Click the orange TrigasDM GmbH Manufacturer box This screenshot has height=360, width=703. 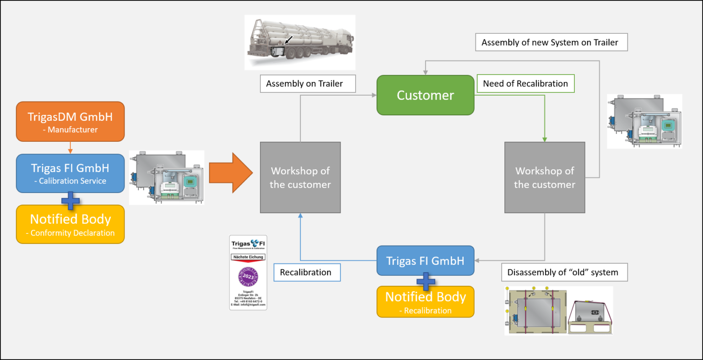pyautogui.click(x=70, y=122)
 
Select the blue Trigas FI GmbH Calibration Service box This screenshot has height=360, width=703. pyautogui.click(x=70, y=173)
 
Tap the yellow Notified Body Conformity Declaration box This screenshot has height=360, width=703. pyautogui.click(x=70, y=224)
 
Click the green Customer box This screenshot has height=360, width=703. pyautogui.click(x=425, y=95)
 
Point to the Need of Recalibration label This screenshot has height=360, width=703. pyautogui.click(x=525, y=84)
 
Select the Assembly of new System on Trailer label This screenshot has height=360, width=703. pyautogui.click(x=551, y=43)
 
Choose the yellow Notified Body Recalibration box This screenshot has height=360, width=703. pyautogui.click(x=425, y=302)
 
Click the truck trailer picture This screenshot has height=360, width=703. pyautogui.click(x=300, y=42)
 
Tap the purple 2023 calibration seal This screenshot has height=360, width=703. pyautogui.click(x=248, y=277)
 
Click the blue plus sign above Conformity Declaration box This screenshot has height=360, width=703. pyautogui.click(x=70, y=201)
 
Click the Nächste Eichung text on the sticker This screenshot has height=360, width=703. pyautogui.click(x=248, y=257)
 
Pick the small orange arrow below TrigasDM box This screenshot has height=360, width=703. pyautogui.click(x=70, y=150)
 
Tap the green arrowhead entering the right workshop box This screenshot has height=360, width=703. pyautogui.click(x=545, y=139)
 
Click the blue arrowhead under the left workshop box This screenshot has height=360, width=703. pyautogui.click(x=300, y=216)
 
